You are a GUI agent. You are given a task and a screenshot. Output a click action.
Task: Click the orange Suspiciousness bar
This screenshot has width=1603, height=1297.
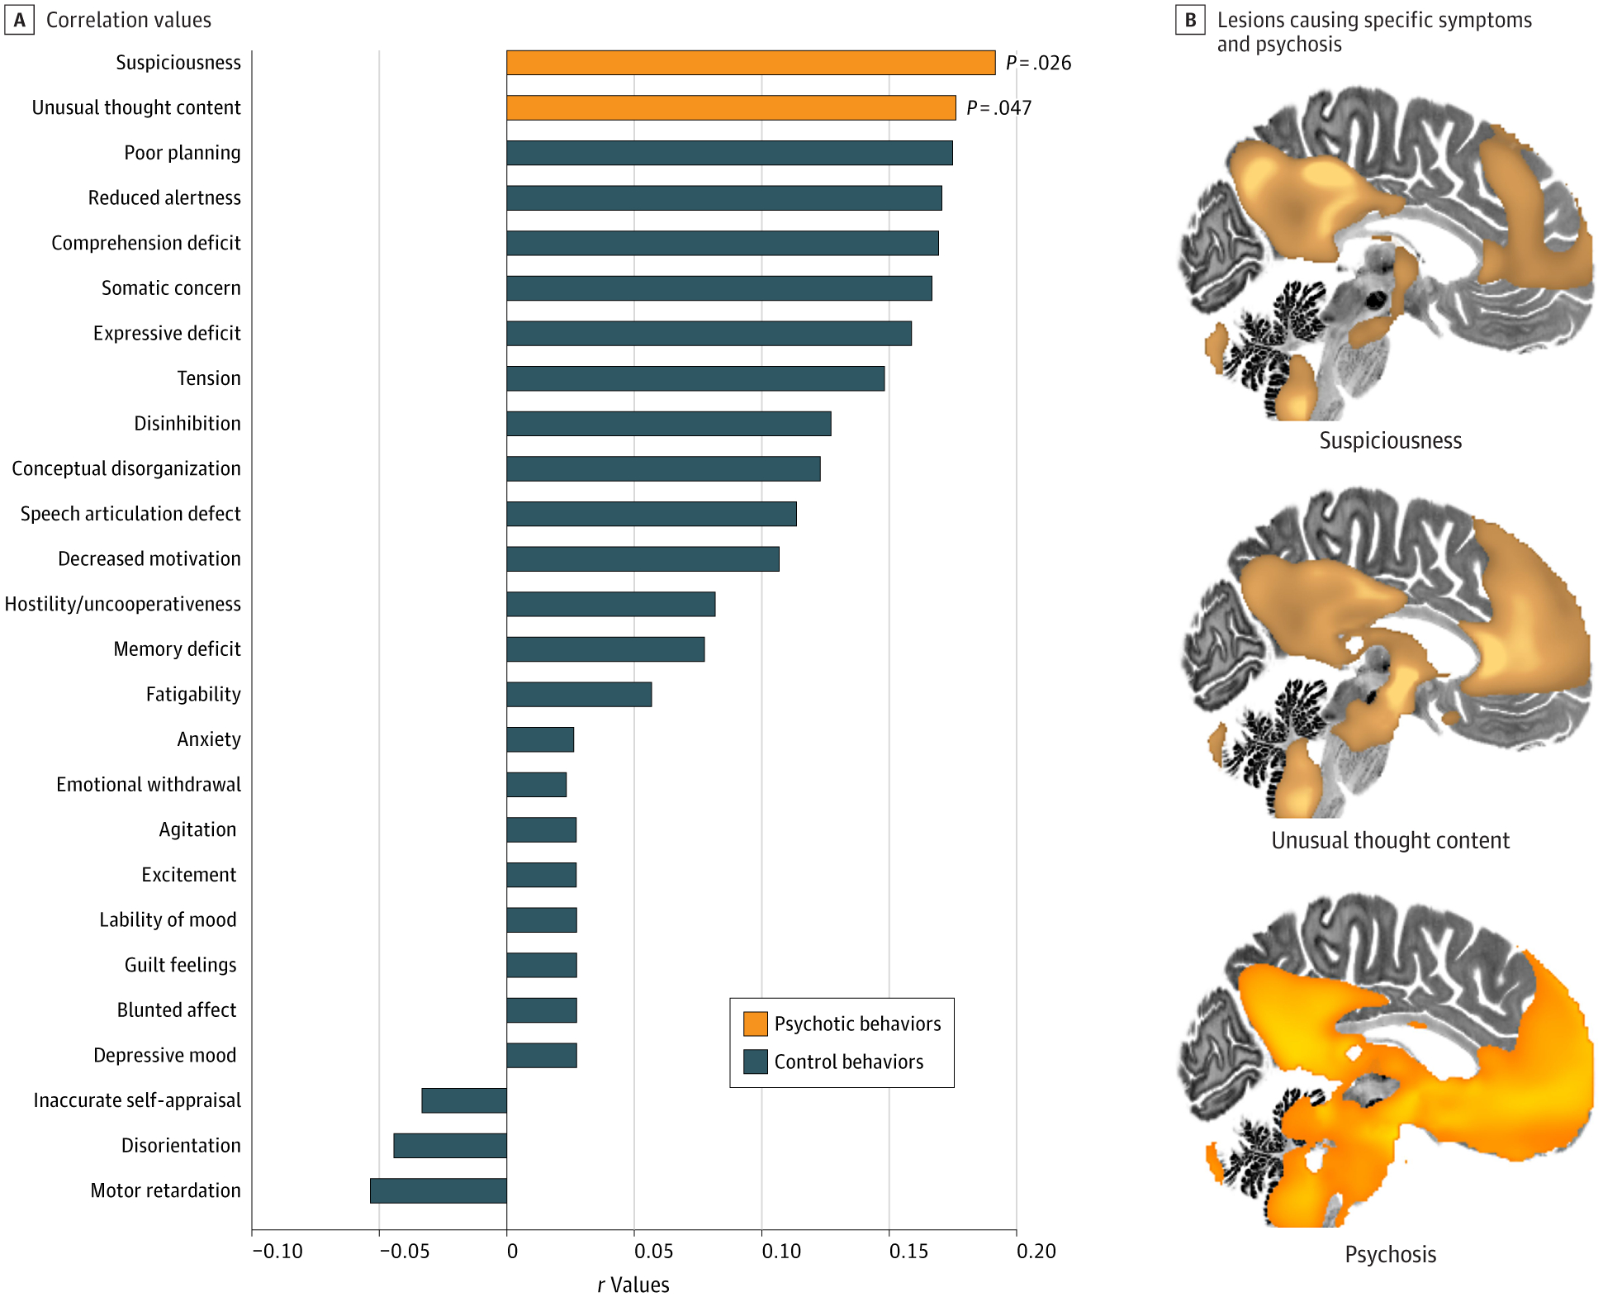pyautogui.click(x=751, y=63)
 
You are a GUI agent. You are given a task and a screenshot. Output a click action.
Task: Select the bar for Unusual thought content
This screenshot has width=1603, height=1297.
pyautogui.click(x=731, y=108)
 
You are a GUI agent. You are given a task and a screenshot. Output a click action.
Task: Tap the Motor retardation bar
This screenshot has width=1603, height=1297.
pyautogui.click(x=439, y=1190)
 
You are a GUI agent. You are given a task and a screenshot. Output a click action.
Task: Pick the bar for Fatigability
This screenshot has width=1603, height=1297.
pyautogui.click(x=579, y=695)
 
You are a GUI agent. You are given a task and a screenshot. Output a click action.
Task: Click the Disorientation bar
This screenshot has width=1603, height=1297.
pyautogui.click(x=450, y=1146)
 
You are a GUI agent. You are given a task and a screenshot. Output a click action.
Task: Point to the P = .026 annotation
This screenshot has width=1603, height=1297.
pyautogui.click(x=1038, y=63)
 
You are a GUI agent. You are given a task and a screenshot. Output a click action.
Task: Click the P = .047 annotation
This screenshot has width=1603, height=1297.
pyautogui.click(x=998, y=108)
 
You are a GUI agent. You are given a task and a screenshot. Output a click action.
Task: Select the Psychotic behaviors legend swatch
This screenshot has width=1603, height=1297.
pyautogui.click(x=755, y=1024)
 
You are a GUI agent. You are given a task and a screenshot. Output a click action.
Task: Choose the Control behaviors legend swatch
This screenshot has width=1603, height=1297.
pyautogui.click(x=755, y=1062)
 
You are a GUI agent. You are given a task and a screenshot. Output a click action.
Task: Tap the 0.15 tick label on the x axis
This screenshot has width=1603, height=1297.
pyautogui.click(x=908, y=1252)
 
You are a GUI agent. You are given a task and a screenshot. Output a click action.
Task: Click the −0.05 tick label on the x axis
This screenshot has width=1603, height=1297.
pyautogui.click(x=404, y=1252)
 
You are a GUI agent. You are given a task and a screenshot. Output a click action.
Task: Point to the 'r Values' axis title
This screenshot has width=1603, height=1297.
pyautogui.click(x=633, y=1285)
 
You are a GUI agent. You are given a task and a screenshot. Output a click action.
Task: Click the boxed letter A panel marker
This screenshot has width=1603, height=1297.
pyautogui.click(x=19, y=20)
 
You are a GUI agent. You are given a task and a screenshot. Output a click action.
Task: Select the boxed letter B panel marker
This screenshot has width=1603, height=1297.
pyautogui.click(x=1190, y=20)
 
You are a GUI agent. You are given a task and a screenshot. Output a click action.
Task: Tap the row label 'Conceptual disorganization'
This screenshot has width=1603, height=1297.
pyautogui.click(x=126, y=468)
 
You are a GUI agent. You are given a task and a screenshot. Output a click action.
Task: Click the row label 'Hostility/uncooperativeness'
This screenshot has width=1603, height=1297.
pyautogui.click(x=123, y=604)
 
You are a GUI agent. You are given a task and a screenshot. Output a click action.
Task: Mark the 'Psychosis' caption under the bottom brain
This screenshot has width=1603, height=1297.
pyautogui.click(x=1390, y=1254)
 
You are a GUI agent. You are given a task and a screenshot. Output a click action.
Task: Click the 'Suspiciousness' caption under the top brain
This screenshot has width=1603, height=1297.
pyautogui.click(x=1390, y=440)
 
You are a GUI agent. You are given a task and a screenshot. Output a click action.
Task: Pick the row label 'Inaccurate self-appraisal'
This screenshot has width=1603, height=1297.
pyautogui.click(x=137, y=1100)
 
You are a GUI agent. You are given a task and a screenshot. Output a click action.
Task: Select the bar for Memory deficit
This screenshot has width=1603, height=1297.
pyautogui.click(x=605, y=649)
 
